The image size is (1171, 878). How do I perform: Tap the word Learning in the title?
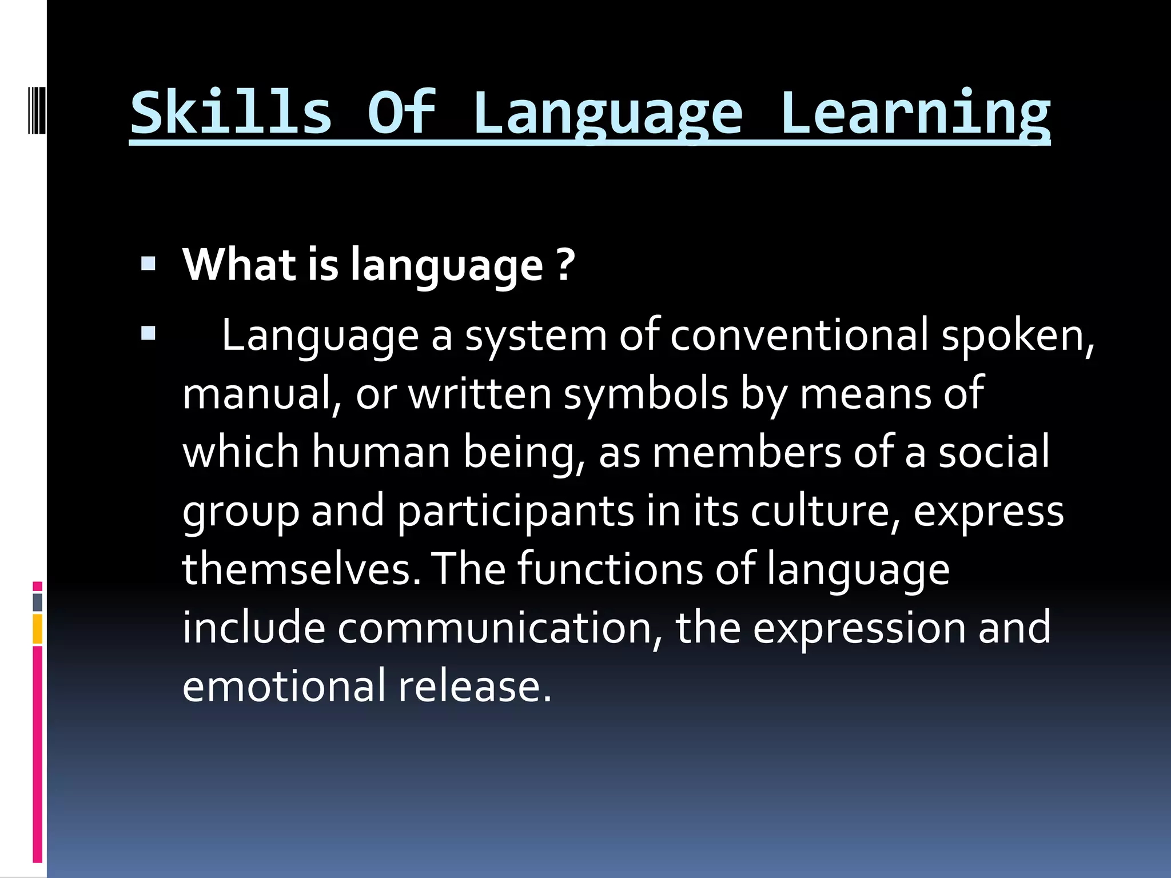(x=915, y=113)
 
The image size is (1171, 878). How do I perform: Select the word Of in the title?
(x=401, y=113)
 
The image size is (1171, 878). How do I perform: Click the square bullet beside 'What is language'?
(x=148, y=264)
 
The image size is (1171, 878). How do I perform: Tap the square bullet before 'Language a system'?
(x=148, y=333)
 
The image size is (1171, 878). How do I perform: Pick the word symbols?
(x=646, y=394)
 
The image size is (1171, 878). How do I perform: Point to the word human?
(x=381, y=452)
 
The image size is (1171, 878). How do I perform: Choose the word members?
(x=747, y=452)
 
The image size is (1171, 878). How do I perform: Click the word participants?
(x=515, y=511)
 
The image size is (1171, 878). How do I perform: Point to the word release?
(x=475, y=686)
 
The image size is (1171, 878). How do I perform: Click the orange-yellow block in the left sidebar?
(x=38, y=629)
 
